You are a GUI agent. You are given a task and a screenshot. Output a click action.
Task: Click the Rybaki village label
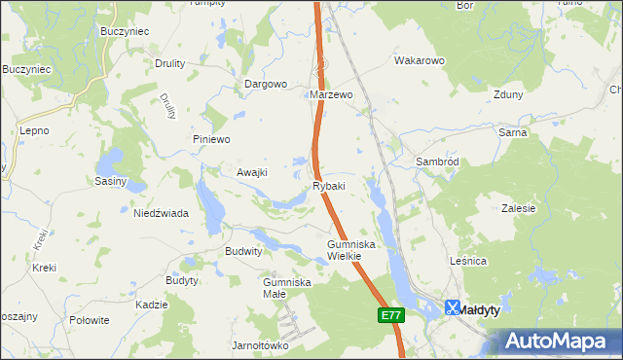pyautogui.click(x=329, y=186)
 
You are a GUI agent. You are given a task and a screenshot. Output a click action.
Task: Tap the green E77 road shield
pyautogui.click(x=390, y=315)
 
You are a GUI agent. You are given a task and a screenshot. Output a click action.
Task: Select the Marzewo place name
pyautogui.click(x=330, y=95)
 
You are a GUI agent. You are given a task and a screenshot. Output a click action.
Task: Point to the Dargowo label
pyautogui.click(x=265, y=84)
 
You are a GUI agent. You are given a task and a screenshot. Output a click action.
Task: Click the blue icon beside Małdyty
pyautogui.click(x=453, y=307)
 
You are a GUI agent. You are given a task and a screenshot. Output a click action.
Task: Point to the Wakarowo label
pyautogui.click(x=419, y=60)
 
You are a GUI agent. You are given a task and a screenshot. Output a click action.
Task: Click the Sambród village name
pyautogui.click(x=437, y=161)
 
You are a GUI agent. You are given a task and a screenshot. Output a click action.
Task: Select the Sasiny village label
pyautogui.click(x=111, y=181)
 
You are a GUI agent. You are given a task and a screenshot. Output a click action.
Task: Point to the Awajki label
pyautogui.click(x=252, y=172)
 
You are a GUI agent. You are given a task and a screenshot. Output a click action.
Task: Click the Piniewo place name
pyautogui.click(x=211, y=139)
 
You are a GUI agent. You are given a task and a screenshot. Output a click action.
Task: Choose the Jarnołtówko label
pyautogui.click(x=261, y=345)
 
